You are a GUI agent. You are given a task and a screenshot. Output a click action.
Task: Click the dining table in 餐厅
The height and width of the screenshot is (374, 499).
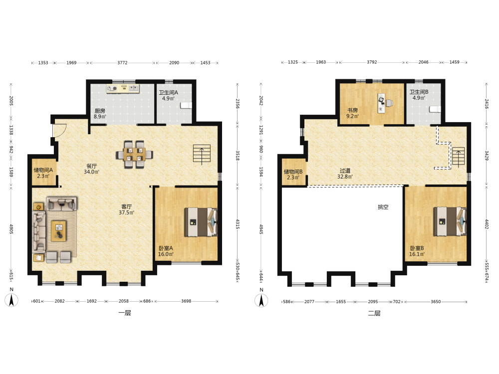(134, 154)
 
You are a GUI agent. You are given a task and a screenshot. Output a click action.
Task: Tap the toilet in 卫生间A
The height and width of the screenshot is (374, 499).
(186, 105)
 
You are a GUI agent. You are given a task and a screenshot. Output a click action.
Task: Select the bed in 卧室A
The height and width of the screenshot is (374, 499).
(201, 222)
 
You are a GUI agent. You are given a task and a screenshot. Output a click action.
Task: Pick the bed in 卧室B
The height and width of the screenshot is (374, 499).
(450, 221)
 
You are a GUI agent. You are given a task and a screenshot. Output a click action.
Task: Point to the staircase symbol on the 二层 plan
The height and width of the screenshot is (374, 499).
(459, 157)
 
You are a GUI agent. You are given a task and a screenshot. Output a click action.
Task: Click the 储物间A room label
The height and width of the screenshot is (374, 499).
(43, 170)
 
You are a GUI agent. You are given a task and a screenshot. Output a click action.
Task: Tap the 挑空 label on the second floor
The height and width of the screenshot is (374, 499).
(383, 207)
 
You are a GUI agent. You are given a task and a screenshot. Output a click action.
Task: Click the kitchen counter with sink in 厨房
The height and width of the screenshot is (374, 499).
(123, 88)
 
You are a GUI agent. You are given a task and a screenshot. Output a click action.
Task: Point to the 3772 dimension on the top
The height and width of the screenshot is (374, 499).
(123, 63)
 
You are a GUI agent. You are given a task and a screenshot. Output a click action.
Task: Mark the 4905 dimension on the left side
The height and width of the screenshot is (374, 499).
(11, 229)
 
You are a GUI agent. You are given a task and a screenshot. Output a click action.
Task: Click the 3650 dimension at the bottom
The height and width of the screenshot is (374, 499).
(436, 302)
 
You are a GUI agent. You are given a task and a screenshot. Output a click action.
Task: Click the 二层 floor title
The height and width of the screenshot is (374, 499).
(374, 313)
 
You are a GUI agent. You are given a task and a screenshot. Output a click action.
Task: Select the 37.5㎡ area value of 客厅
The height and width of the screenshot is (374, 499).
(126, 212)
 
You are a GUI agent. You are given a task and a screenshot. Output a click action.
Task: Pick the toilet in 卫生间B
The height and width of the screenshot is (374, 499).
(435, 109)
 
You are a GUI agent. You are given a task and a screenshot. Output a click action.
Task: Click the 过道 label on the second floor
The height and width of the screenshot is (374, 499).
(345, 171)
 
